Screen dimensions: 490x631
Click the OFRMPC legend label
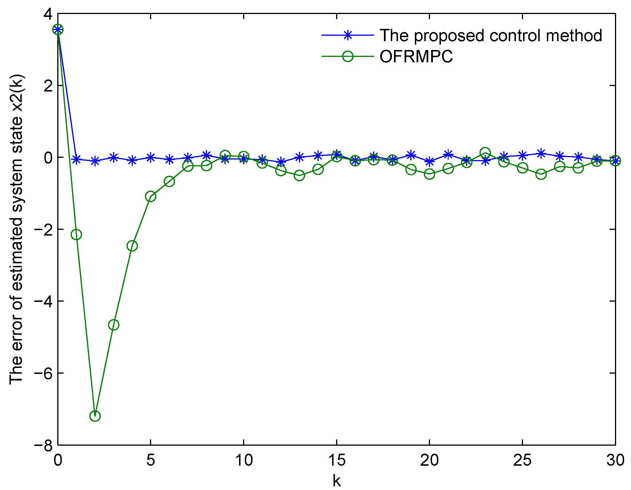[416, 57]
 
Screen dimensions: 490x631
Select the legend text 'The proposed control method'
[491, 35]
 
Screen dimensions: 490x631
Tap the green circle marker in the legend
[348, 56]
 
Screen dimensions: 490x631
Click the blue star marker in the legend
[348, 35]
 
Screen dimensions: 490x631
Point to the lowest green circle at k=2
[95, 416]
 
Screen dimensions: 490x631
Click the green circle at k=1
[76, 234]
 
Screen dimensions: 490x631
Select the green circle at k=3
[114, 325]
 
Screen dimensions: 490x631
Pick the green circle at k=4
[132, 246]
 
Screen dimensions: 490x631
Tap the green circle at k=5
[151, 196]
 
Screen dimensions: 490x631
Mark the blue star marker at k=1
[76, 159]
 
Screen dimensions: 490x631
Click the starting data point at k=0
[58, 29]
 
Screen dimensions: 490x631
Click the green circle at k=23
[485, 153]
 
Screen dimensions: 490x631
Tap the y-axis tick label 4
[48, 14]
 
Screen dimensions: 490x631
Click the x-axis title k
[337, 481]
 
